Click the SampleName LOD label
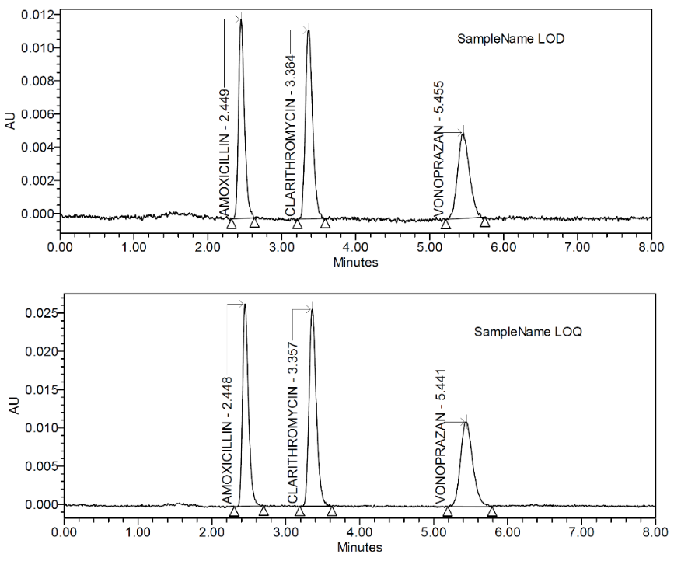pyautogui.click(x=510, y=40)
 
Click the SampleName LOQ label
pyautogui.click(x=529, y=332)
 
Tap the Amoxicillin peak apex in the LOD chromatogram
pyautogui.click(x=241, y=19)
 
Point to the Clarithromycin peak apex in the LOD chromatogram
pyautogui.click(x=309, y=30)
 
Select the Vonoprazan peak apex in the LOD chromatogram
pyautogui.click(x=463, y=133)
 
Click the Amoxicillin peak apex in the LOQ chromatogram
pyautogui.click(x=245, y=304)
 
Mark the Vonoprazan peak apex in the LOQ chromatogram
pyautogui.click(x=466, y=422)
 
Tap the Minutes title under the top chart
pyautogui.click(x=355, y=262)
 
